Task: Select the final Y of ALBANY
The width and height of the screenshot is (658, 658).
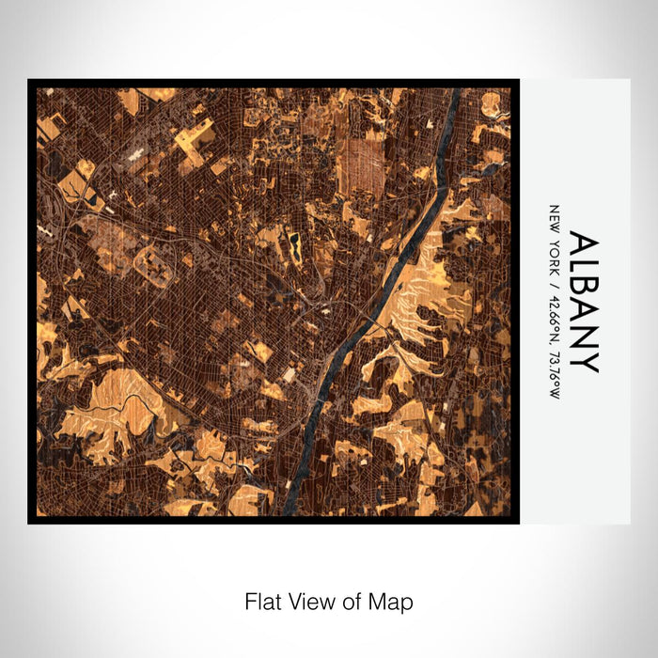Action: click(x=583, y=361)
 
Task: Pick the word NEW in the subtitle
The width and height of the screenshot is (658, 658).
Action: click(x=554, y=217)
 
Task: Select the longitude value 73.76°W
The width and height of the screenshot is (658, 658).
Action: click(x=554, y=371)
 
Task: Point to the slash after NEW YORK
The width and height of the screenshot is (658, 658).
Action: click(x=554, y=278)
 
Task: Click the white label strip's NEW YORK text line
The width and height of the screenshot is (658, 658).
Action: click(x=554, y=301)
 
